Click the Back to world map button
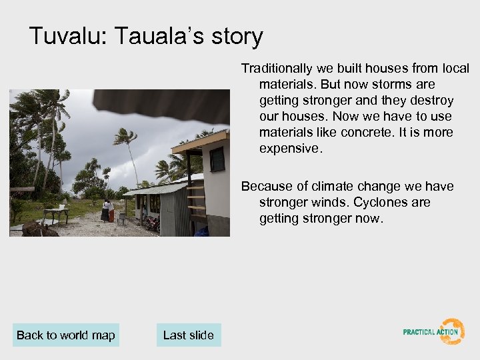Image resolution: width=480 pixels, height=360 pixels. point(65,335)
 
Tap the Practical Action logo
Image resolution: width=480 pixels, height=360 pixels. point(433,331)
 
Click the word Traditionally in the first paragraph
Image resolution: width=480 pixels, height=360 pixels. point(277,69)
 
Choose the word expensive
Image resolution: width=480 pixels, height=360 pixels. point(290,148)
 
